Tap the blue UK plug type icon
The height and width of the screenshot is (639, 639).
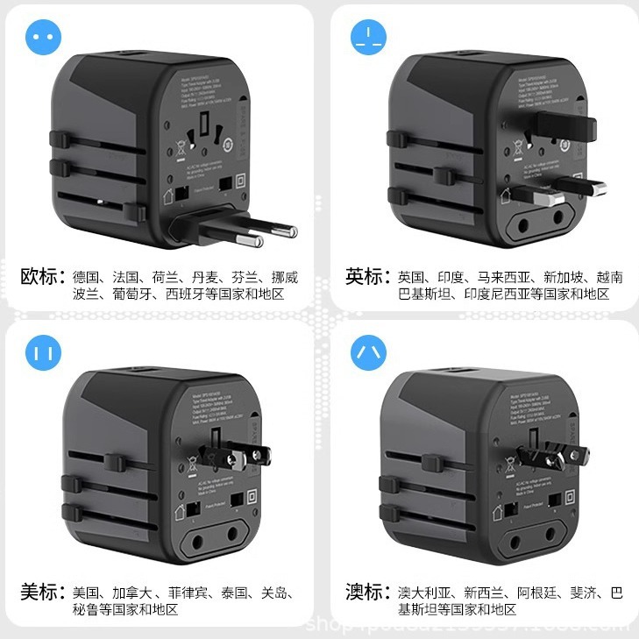[369, 39]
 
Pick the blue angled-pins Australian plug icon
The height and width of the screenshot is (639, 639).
[369, 354]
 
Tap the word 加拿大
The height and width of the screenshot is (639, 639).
[133, 593]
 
